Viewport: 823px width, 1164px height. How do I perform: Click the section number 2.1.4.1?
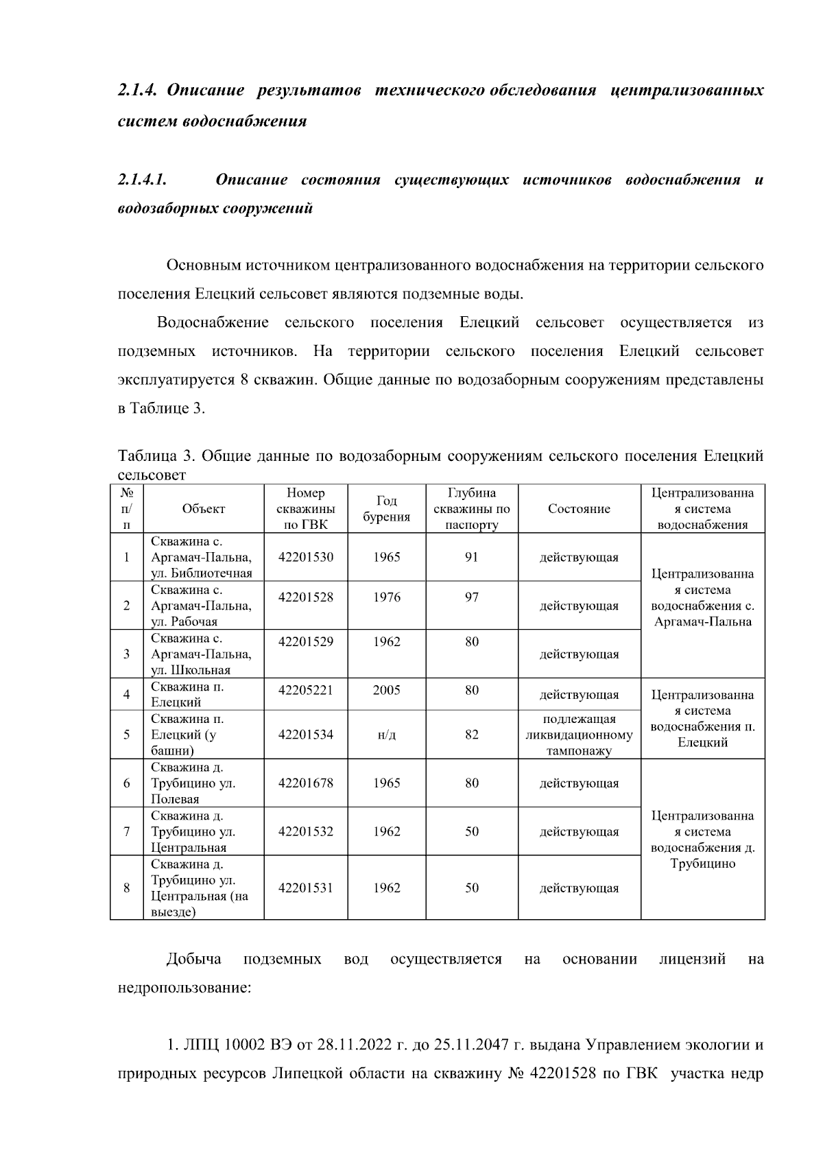(x=143, y=180)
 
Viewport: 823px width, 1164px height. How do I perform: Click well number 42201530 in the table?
(x=306, y=557)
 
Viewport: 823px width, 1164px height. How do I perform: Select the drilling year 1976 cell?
(x=386, y=597)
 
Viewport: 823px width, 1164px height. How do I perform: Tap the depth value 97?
(x=471, y=597)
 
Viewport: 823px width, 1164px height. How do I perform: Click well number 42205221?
(x=306, y=690)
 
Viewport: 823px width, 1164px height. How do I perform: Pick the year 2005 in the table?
(x=386, y=690)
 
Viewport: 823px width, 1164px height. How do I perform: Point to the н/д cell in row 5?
(x=386, y=735)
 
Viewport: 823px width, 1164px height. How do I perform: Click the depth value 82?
(x=471, y=735)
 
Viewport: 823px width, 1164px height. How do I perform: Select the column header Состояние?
(x=579, y=509)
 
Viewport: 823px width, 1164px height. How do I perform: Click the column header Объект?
(x=204, y=509)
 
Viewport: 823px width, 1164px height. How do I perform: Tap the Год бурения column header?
(x=386, y=509)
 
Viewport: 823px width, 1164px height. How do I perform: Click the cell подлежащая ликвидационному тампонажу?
(x=579, y=735)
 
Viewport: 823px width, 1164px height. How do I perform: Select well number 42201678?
(x=306, y=783)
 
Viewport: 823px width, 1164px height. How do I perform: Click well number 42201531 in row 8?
(x=306, y=888)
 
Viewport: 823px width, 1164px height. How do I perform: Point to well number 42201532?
(x=306, y=831)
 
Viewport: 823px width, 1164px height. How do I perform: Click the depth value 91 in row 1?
(x=471, y=557)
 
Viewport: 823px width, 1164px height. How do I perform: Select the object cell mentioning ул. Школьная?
(x=202, y=654)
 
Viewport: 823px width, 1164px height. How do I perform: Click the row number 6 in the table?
(x=127, y=783)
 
